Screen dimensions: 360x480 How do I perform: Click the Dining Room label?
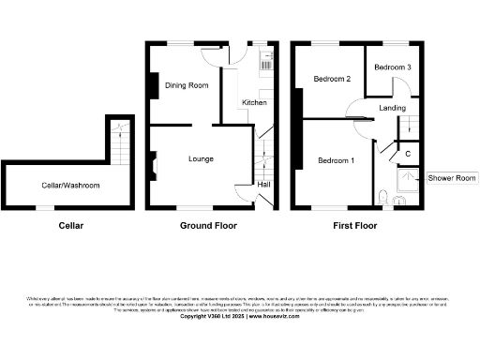click(x=187, y=85)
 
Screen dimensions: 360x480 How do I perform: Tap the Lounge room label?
click(x=202, y=158)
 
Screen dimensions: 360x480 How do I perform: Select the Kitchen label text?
click(x=255, y=102)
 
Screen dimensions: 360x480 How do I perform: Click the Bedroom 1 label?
click(x=336, y=160)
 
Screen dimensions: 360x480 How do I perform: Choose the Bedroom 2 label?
click(x=332, y=79)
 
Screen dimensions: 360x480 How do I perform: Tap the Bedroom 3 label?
click(x=393, y=67)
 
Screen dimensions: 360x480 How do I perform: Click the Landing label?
click(x=392, y=109)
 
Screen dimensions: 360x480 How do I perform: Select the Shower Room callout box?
click(x=451, y=178)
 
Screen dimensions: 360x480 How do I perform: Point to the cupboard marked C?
click(x=408, y=153)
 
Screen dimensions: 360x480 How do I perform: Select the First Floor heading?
click(x=356, y=226)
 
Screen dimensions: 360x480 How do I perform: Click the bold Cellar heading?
click(x=71, y=226)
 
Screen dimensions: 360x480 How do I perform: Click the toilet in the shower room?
click(x=386, y=196)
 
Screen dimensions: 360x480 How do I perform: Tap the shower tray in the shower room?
click(x=409, y=181)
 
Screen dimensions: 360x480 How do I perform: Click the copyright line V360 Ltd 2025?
click(x=239, y=316)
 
